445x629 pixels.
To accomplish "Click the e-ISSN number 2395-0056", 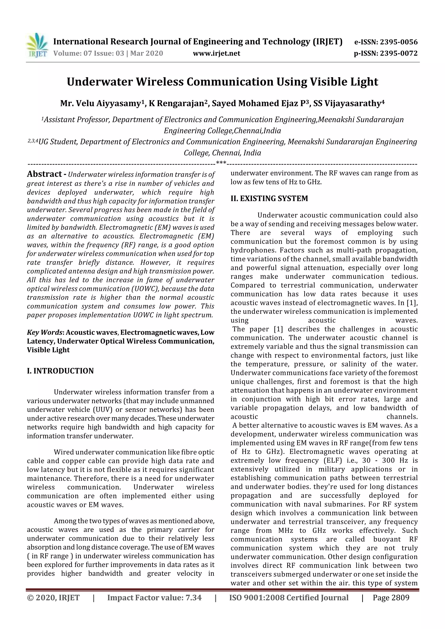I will click(398, 42).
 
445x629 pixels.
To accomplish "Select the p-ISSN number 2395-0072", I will click(398, 53).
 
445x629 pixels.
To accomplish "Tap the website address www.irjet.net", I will click(216, 53).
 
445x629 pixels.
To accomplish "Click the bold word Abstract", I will click(44, 174).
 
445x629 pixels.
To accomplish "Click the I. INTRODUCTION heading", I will click(60, 371).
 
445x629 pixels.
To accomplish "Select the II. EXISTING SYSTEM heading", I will click(269, 198).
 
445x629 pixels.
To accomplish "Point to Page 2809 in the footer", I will click(391, 598).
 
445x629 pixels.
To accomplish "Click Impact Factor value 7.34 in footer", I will click(154, 598).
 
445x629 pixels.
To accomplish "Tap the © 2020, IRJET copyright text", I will click(53, 598).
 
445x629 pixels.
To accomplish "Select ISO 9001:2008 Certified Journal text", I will click(289, 598).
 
